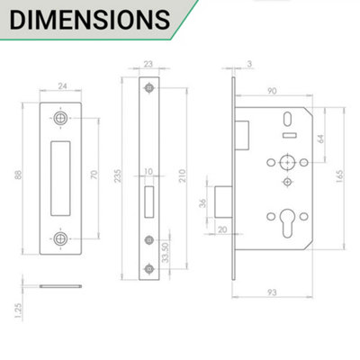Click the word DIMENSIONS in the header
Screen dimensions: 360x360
(x=86, y=20)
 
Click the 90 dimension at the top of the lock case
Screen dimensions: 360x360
(x=269, y=89)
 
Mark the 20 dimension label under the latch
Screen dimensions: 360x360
(x=222, y=229)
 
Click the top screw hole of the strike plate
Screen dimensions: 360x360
(x=60, y=117)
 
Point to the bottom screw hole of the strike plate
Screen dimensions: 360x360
(x=60, y=238)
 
